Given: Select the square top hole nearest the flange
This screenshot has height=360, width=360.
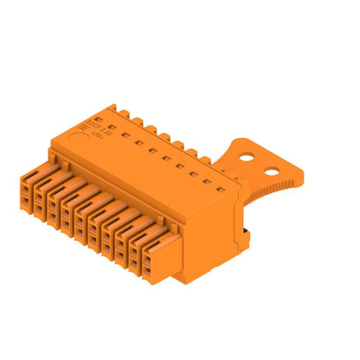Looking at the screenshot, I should click(x=221, y=182).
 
